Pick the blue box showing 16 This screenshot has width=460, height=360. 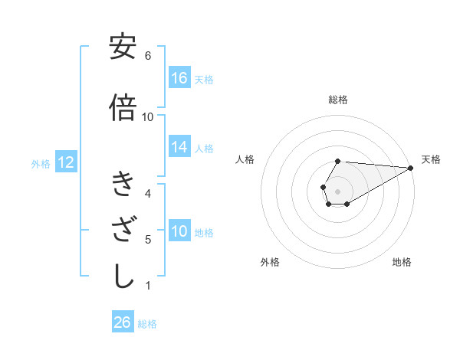(179, 77)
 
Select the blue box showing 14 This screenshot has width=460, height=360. (179, 148)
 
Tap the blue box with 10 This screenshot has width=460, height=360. (179, 232)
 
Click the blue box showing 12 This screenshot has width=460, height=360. (66, 162)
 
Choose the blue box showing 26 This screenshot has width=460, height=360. (123, 322)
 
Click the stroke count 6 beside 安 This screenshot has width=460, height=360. (148, 56)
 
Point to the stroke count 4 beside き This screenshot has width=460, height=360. (148, 193)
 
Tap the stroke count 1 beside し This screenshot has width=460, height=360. (148, 286)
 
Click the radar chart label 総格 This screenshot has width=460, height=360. (338, 100)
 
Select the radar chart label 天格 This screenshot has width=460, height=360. (431, 159)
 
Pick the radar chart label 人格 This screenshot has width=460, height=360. (245, 159)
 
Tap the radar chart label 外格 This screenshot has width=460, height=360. (270, 262)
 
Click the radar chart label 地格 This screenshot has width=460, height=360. (402, 262)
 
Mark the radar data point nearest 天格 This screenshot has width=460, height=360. (410, 168)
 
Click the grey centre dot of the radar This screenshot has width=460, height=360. (337, 190)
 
